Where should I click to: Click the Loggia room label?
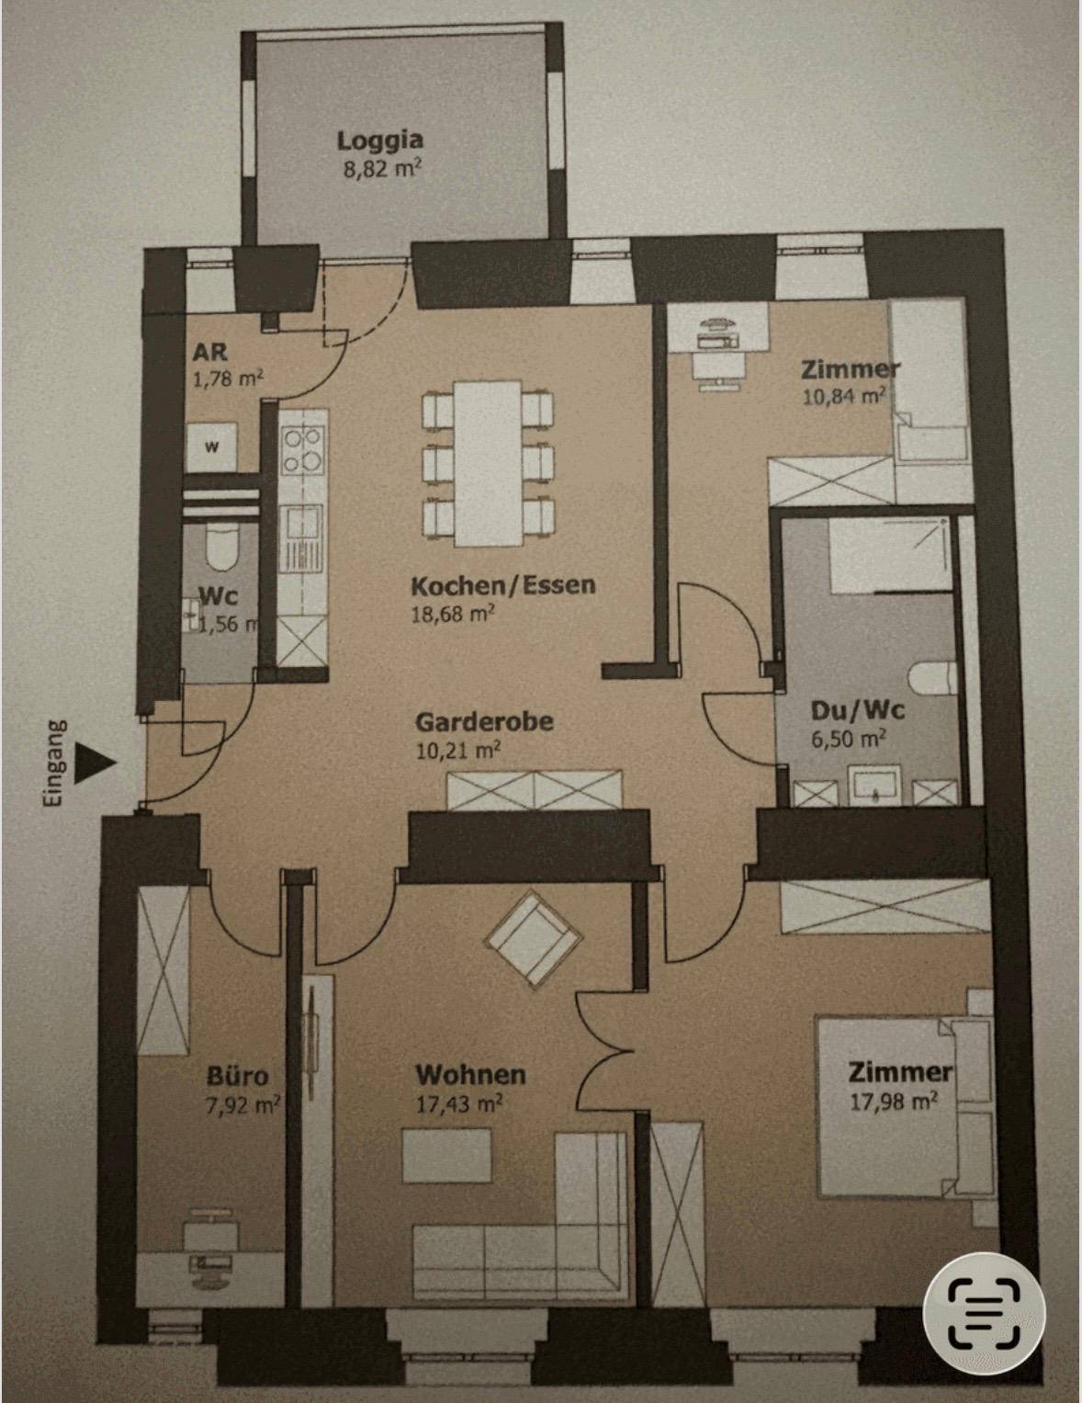(x=380, y=140)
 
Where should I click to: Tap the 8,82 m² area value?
(x=382, y=170)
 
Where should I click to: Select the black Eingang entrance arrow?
(x=95, y=763)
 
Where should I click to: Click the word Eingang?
(x=54, y=764)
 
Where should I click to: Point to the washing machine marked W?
(x=211, y=447)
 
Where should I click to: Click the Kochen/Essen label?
(x=503, y=585)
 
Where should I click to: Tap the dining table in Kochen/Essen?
(x=487, y=463)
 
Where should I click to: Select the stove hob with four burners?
(x=303, y=450)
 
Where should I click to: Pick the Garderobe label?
(x=485, y=721)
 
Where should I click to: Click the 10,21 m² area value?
(x=458, y=751)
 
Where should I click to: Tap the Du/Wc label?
(x=858, y=711)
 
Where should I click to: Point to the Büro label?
(x=237, y=1076)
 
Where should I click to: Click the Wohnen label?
(x=470, y=1075)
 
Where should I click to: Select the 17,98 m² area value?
(x=894, y=1103)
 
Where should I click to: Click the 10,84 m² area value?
(x=843, y=395)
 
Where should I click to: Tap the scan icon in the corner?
(x=984, y=1313)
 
